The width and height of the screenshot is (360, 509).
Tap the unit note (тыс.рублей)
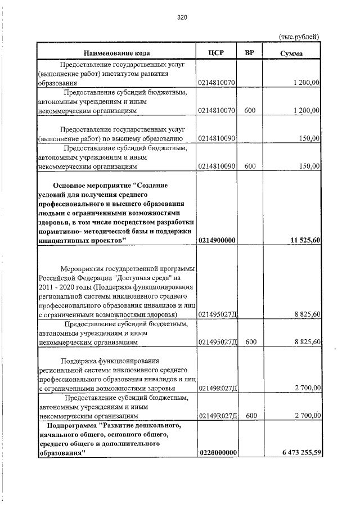(299, 37)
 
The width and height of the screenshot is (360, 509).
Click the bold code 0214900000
(217, 240)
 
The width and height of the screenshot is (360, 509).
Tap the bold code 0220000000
(217, 453)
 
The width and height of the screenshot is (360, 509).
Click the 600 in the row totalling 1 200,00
(250, 111)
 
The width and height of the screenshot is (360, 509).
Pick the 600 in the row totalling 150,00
(250, 166)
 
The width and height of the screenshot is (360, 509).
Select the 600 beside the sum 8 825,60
(250, 341)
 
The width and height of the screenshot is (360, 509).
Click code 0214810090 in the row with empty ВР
(217, 138)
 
